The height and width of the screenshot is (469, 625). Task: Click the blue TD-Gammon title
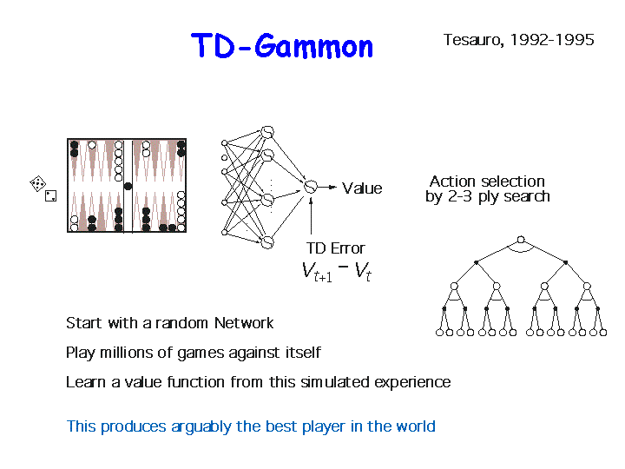(282, 46)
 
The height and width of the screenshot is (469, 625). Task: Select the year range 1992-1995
(552, 39)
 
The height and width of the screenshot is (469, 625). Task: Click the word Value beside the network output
(362, 188)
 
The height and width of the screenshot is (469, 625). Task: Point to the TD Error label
(335, 248)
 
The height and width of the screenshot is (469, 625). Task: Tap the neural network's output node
(311, 186)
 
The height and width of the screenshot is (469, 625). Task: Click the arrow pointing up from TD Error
(311, 215)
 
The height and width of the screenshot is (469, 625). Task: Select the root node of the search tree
(521, 240)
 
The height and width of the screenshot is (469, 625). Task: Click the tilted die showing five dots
(38, 183)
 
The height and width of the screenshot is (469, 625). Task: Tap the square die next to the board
(50, 195)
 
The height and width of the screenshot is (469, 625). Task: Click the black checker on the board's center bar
(128, 186)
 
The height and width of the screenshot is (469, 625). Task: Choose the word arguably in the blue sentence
(201, 426)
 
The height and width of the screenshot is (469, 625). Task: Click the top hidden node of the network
(267, 132)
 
